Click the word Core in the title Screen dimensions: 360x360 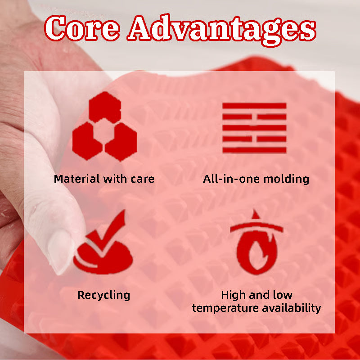[x=82, y=28]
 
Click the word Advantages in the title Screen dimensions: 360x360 [x=222, y=30]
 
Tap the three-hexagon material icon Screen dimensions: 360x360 [x=105, y=126]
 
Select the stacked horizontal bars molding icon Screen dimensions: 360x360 [x=254, y=128]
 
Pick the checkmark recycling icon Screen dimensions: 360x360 [x=103, y=242]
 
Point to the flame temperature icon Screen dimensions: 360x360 [x=256, y=242]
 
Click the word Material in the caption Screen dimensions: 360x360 [x=76, y=179]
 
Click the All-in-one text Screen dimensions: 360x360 [x=231, y=179]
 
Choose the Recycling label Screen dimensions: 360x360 [x=104, y=296]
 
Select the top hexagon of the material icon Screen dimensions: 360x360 [x=105, y=107]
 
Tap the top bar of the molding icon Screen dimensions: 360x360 [x=254, y=106]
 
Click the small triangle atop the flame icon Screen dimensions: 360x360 [x=255, y=214]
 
